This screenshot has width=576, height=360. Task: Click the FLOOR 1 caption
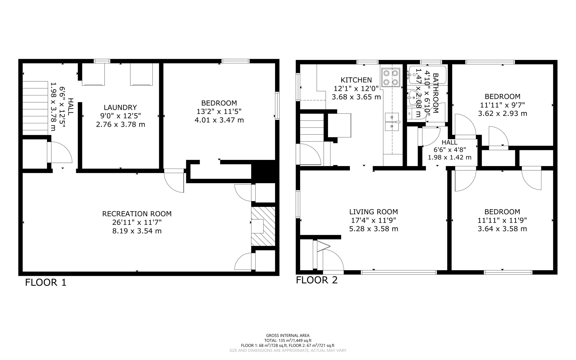46,282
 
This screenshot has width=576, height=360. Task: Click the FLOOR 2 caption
316,280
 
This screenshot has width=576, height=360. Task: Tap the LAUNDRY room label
120,107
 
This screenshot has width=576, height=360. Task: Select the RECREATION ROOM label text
137,214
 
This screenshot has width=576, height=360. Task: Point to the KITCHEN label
356,80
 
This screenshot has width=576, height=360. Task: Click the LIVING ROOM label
373,212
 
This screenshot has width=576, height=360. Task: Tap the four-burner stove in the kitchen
391,78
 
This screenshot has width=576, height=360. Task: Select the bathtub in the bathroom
427,75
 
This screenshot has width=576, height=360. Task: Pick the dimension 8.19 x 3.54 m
137,231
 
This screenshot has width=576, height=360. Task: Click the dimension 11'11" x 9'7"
502,105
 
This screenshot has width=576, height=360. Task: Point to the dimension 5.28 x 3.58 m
373,229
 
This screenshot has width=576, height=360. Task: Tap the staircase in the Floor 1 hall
35,108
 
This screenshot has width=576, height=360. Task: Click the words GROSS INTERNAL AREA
287,335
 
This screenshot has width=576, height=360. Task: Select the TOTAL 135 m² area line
287,340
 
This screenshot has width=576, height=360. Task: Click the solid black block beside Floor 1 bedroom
264,171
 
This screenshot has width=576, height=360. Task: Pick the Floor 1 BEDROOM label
219,103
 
